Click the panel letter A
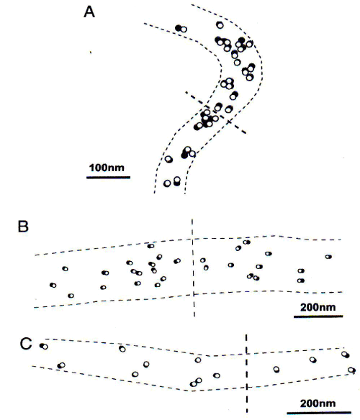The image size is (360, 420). coord(89,12)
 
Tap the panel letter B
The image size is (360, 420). coord(23,227)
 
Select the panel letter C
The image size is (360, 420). coord(26,344)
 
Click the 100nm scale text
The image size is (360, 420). coord(107,168)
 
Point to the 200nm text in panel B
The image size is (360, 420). coord(318,307)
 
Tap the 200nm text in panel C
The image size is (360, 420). coord(318,403)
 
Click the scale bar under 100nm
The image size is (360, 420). coord(108,177)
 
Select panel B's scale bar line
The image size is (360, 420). coord(318,316)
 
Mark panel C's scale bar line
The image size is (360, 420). coord(319,413)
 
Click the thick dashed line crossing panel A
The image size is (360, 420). coord(216,112)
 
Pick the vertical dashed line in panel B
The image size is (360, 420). coord(193,268)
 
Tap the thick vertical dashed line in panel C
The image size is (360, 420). coord(246,374)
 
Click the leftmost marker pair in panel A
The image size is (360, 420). coord(181,28)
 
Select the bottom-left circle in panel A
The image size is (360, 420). coord(167,183)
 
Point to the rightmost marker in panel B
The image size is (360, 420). coord(328,257)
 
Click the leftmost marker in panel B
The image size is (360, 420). coord(53,286)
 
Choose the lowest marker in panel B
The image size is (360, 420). coord(71,296)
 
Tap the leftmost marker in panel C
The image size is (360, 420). coord(44,347)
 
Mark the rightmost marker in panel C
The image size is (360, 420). coord(351,370)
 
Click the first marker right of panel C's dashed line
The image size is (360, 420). coord(276,370)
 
